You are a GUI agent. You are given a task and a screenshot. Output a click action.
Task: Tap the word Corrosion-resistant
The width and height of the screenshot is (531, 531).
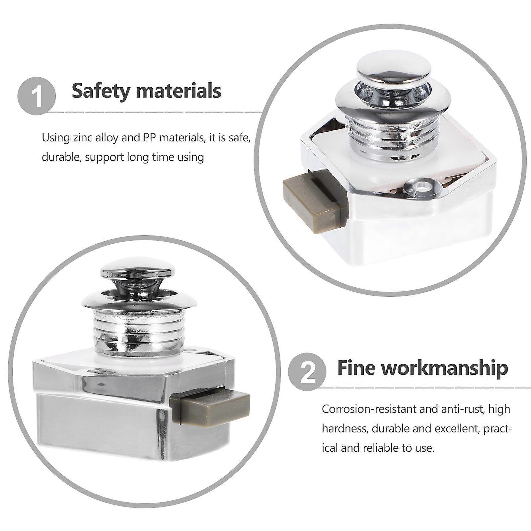coord(369,409)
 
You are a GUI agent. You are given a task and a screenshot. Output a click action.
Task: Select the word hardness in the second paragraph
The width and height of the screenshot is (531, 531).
coord(345,428)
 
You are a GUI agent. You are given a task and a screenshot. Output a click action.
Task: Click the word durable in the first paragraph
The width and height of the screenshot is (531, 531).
coord(59,157)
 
